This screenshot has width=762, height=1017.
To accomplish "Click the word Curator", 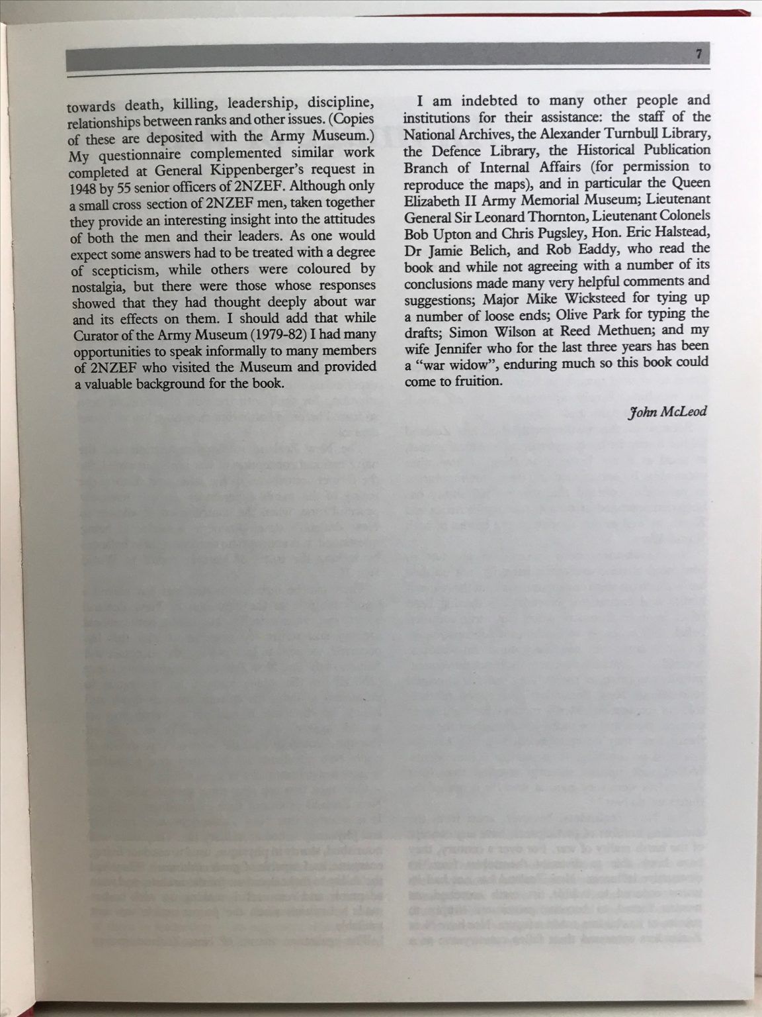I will pyautogui.click(x=95, y=335).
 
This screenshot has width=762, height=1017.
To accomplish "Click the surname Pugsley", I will pyautogui.click(x=560, y=232).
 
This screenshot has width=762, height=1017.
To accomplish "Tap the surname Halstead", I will pyautogui.click(x=679, y=232).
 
